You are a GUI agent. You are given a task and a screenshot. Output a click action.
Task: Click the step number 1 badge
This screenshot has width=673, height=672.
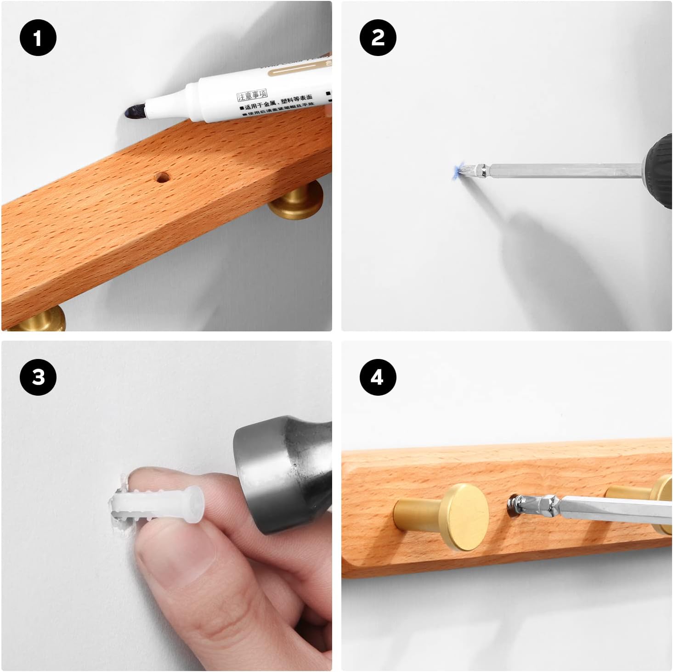click(38, 38)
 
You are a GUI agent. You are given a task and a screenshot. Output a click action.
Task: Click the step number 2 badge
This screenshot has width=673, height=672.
click(378, 38)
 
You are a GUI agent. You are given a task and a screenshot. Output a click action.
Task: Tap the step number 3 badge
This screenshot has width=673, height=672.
click(38, 377)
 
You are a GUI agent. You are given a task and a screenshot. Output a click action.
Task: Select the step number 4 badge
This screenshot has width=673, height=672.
click(378, 377)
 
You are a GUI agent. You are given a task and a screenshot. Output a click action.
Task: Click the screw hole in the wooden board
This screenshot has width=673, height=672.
click(161, 177)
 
